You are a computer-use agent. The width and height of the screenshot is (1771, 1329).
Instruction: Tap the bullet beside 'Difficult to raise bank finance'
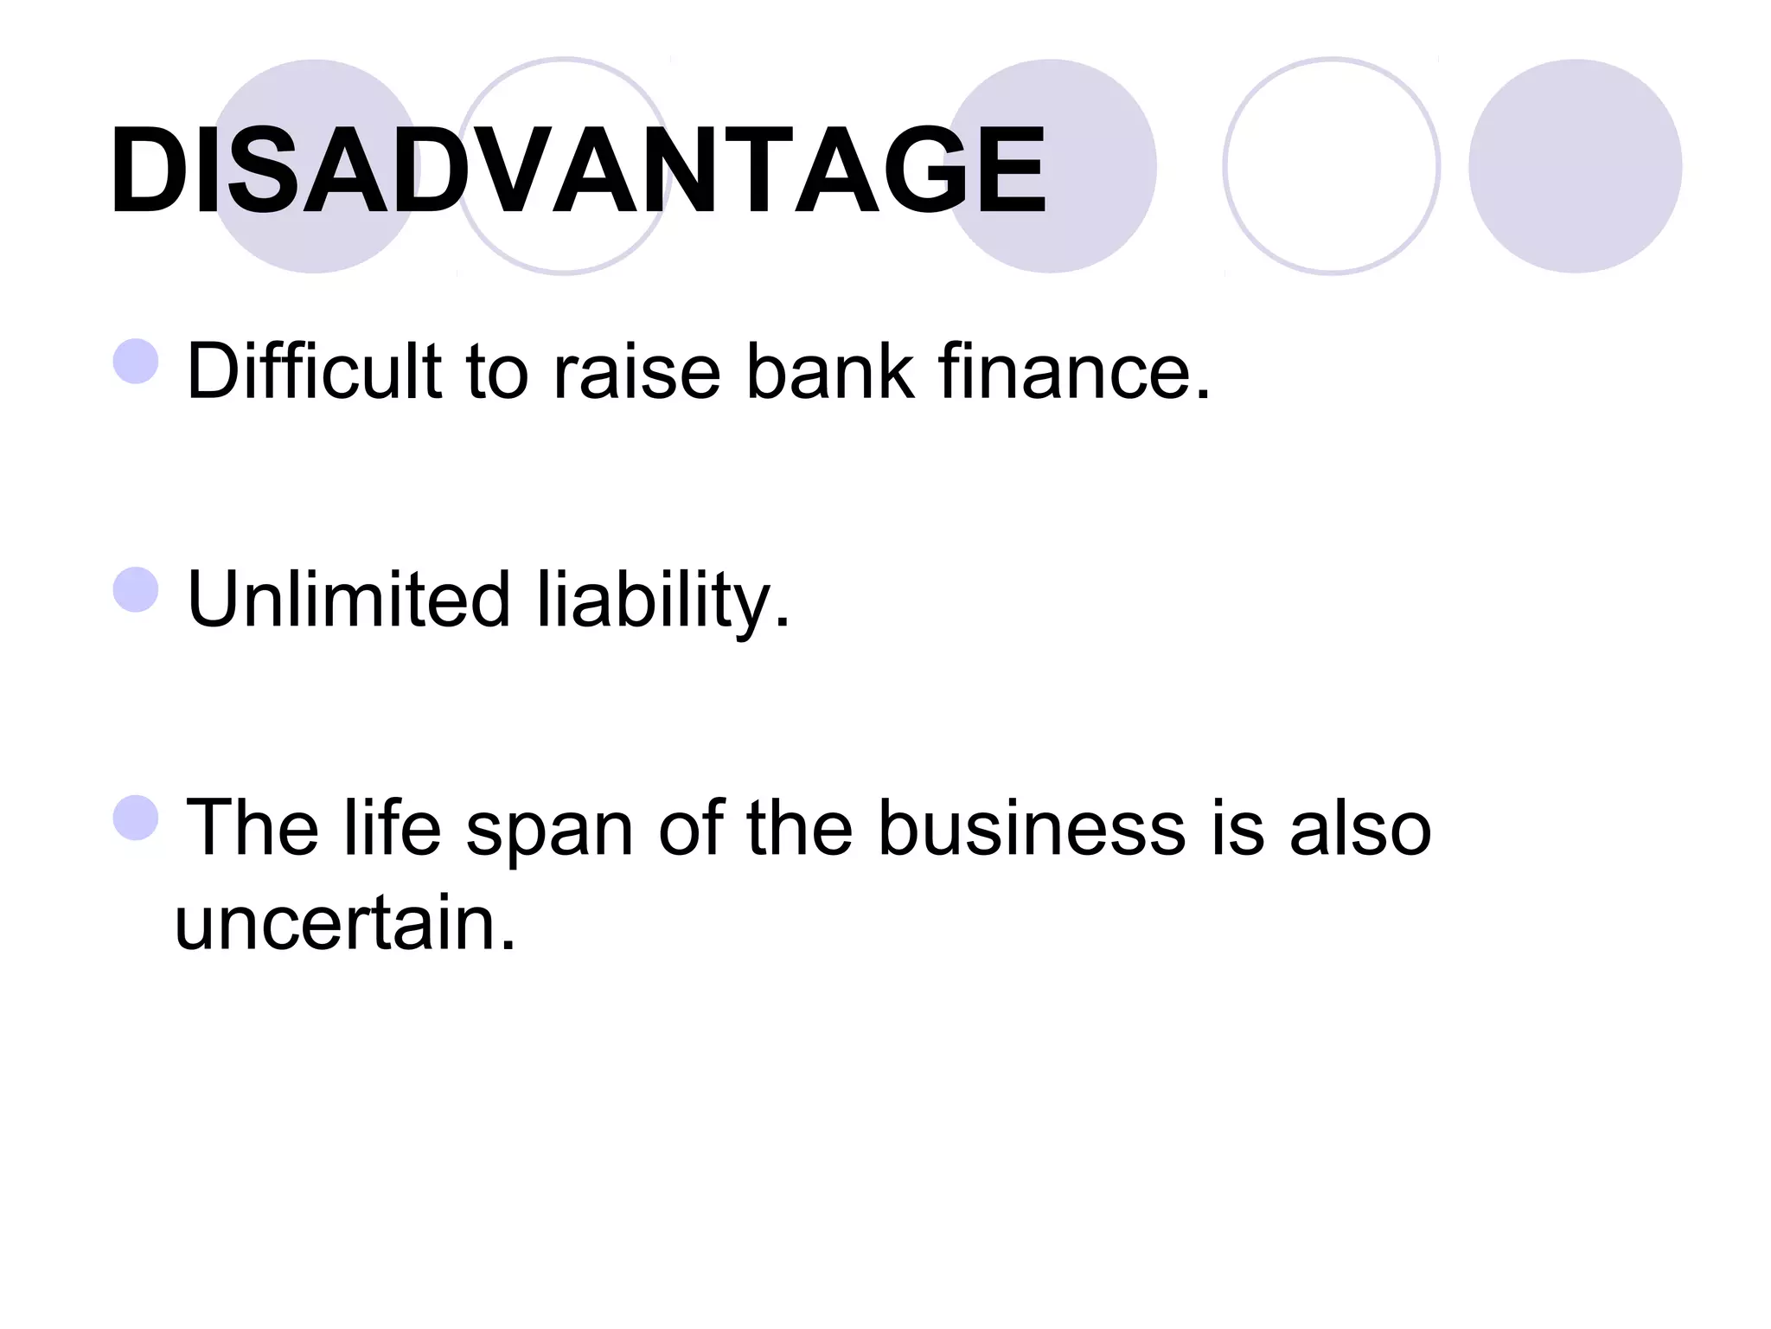[136, 361]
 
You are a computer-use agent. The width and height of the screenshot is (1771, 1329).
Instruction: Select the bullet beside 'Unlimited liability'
[136, 590]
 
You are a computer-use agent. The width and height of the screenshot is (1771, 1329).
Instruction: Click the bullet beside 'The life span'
[136, 818]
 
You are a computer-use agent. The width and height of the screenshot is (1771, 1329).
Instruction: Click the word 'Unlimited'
[348, 599]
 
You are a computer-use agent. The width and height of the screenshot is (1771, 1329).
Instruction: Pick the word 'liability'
[662, 599]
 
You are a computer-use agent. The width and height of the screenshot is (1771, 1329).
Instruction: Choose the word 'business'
[1032, 828]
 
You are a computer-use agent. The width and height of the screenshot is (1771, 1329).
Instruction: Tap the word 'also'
[1360, 828]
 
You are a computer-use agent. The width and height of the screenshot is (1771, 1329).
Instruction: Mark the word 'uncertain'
[344, 922]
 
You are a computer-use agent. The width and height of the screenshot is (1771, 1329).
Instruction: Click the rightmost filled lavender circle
[1575, 166]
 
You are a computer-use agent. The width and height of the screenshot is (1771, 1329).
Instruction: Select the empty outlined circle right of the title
[1331, 166]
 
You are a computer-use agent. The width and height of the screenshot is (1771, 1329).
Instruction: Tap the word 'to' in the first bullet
[496, 372]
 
